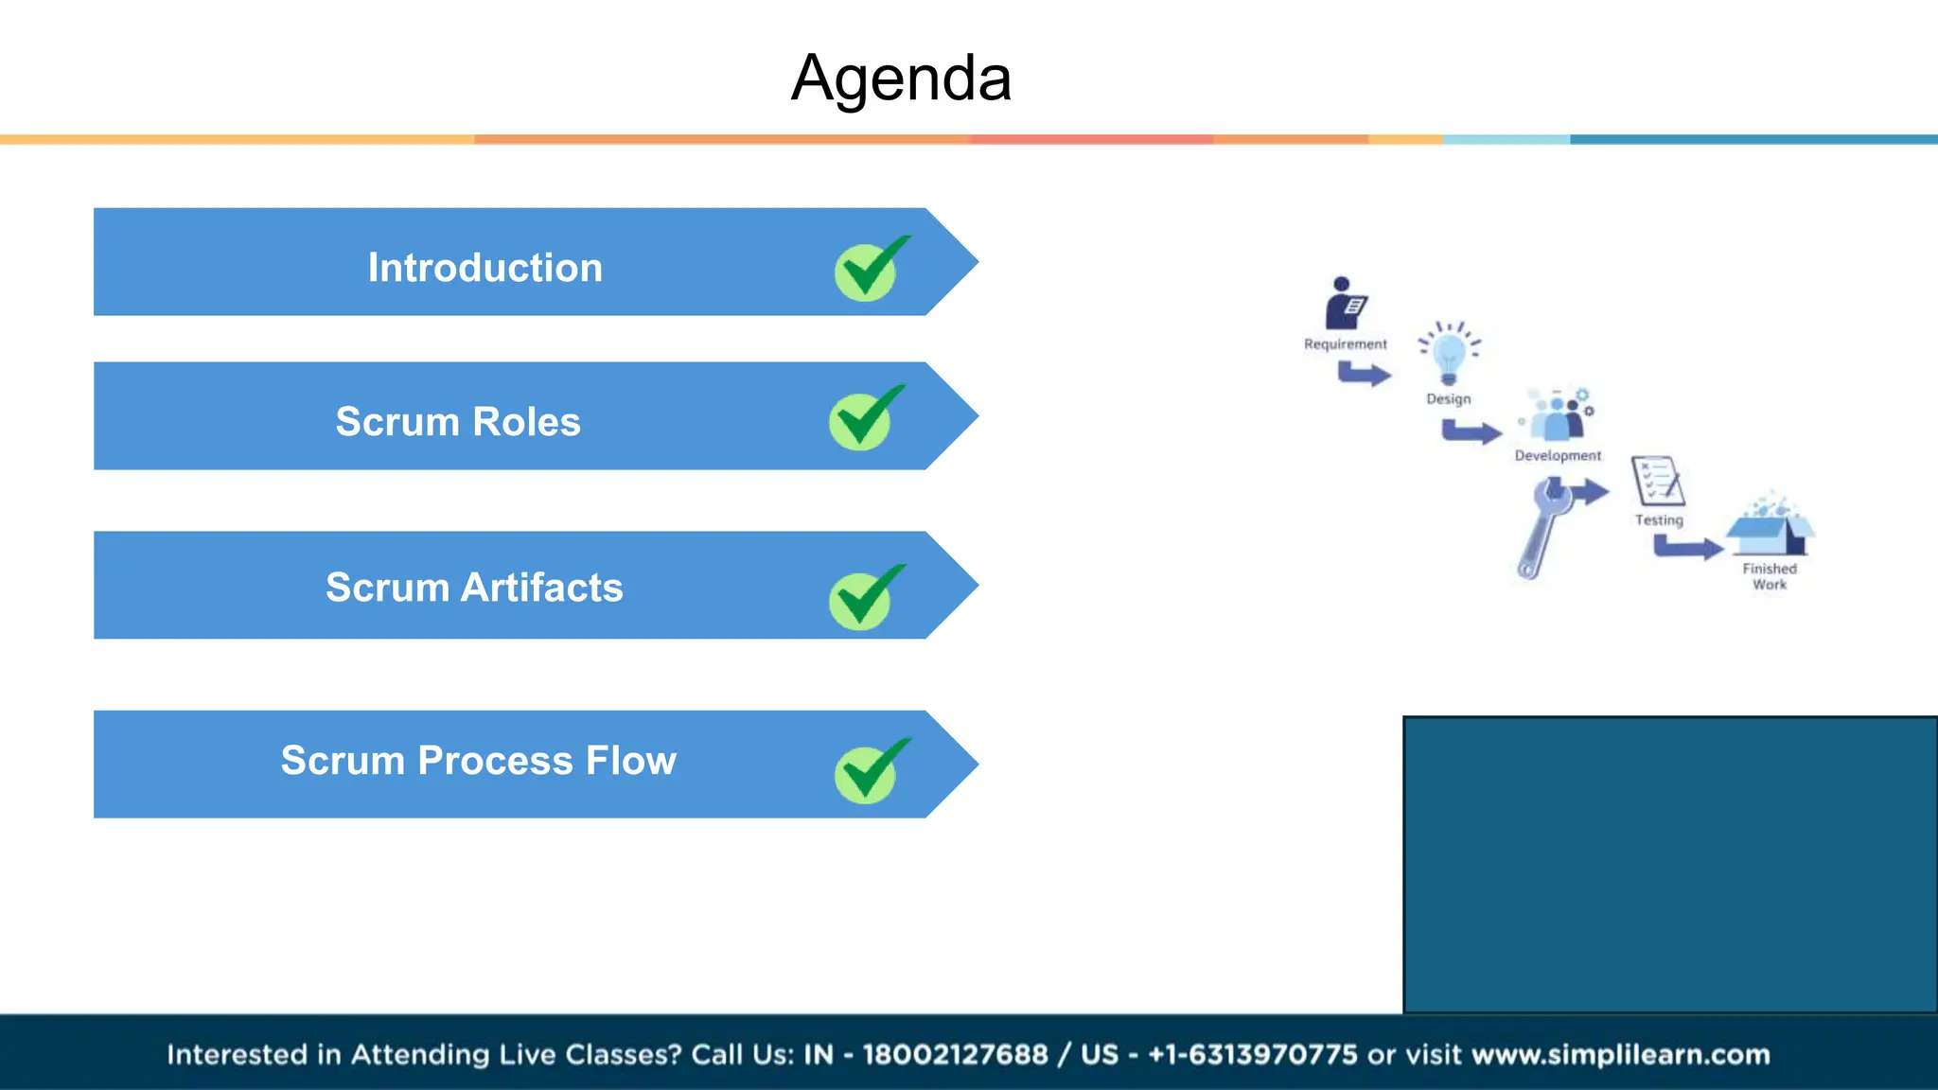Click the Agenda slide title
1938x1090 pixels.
(x=901, y=78)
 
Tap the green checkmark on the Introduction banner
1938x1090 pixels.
(x=869, y=271)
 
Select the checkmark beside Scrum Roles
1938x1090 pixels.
(x=864, y=419)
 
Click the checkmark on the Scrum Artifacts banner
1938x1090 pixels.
(x=864, y=598)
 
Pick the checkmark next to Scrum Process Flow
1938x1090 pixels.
(x=869, y=772)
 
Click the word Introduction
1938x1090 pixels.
(x=484, y=268)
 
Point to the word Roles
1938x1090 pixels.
(x=526, y=422)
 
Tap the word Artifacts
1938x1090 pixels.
(x=541, y=588)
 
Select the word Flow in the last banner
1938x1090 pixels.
(x=630, y=761)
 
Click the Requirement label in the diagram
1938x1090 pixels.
(x=1345, y=344)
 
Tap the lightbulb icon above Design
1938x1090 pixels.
(x=1449, y=354)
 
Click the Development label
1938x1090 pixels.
(x=1558, y=456)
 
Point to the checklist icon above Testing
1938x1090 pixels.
(x=1657, y=482)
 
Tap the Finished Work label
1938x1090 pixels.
(x=1770, y=576)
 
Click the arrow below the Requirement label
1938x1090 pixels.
(x=1364, y=375)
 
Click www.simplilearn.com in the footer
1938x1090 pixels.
(x=1620, y=1054)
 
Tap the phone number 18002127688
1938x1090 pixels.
(x=955, y=1054)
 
